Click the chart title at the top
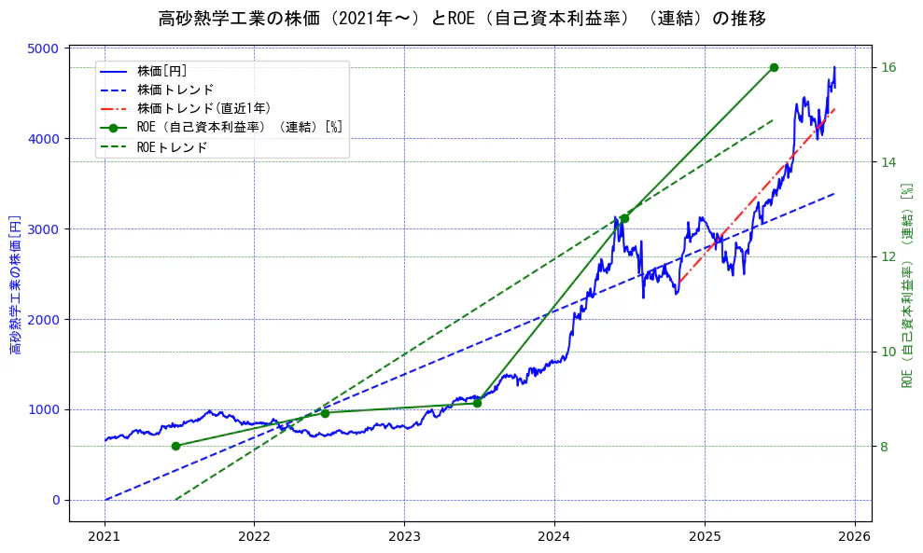click(x=461, y=19)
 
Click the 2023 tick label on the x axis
click(x=404, y=536)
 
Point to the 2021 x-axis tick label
click(x=105, y=536)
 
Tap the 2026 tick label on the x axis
click(x=854, y=536)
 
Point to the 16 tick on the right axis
click(x=888, y=67)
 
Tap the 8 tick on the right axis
click(x=885, y=447)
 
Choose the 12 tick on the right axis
click(x=888, y=256)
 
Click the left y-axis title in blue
click(x=15, y=284)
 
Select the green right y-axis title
click(x=906, y=284)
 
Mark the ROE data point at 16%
click(x=774, y=67)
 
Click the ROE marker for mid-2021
click(x=175, y=446)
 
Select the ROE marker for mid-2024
click(x=624, y=218)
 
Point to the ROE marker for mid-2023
click(x=477, y=403)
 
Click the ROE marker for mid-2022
click(x=325, y=413)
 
